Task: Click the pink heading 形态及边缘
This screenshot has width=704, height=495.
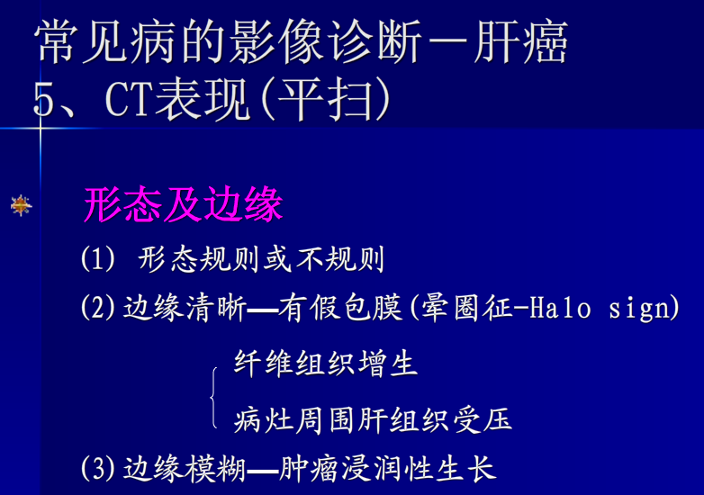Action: (183, 205)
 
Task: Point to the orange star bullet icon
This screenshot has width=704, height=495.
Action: (21, 206)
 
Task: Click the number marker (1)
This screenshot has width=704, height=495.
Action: (98, 260)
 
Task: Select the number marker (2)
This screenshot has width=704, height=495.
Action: (98, 309)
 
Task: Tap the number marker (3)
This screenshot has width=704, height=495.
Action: (98, 468)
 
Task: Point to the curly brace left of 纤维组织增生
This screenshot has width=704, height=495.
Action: (214, 394)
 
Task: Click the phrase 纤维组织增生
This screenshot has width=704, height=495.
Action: (326, 364)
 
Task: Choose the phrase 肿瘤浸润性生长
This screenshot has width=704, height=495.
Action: (387, 468)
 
